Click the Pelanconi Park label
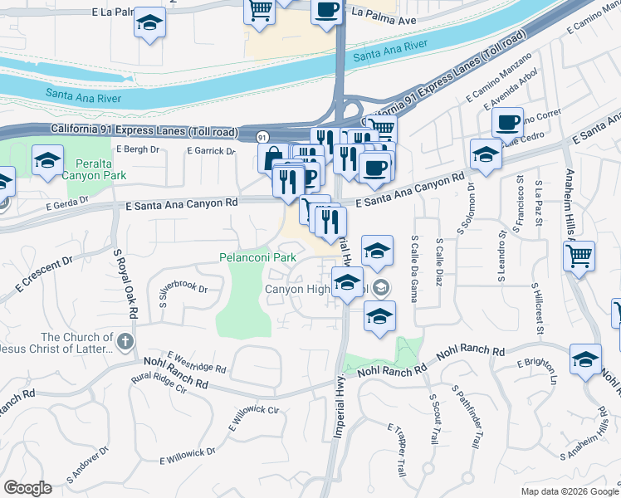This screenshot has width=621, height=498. click(x=257, y=258)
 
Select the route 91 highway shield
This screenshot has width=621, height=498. click(x=262, y=136)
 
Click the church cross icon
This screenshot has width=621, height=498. click(x=125, y=341)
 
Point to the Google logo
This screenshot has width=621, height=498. click(x=27, y=488)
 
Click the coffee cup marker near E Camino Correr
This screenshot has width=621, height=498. click(x=506, y=123)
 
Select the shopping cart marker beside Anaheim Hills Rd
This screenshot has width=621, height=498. click(x=579, y=256)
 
